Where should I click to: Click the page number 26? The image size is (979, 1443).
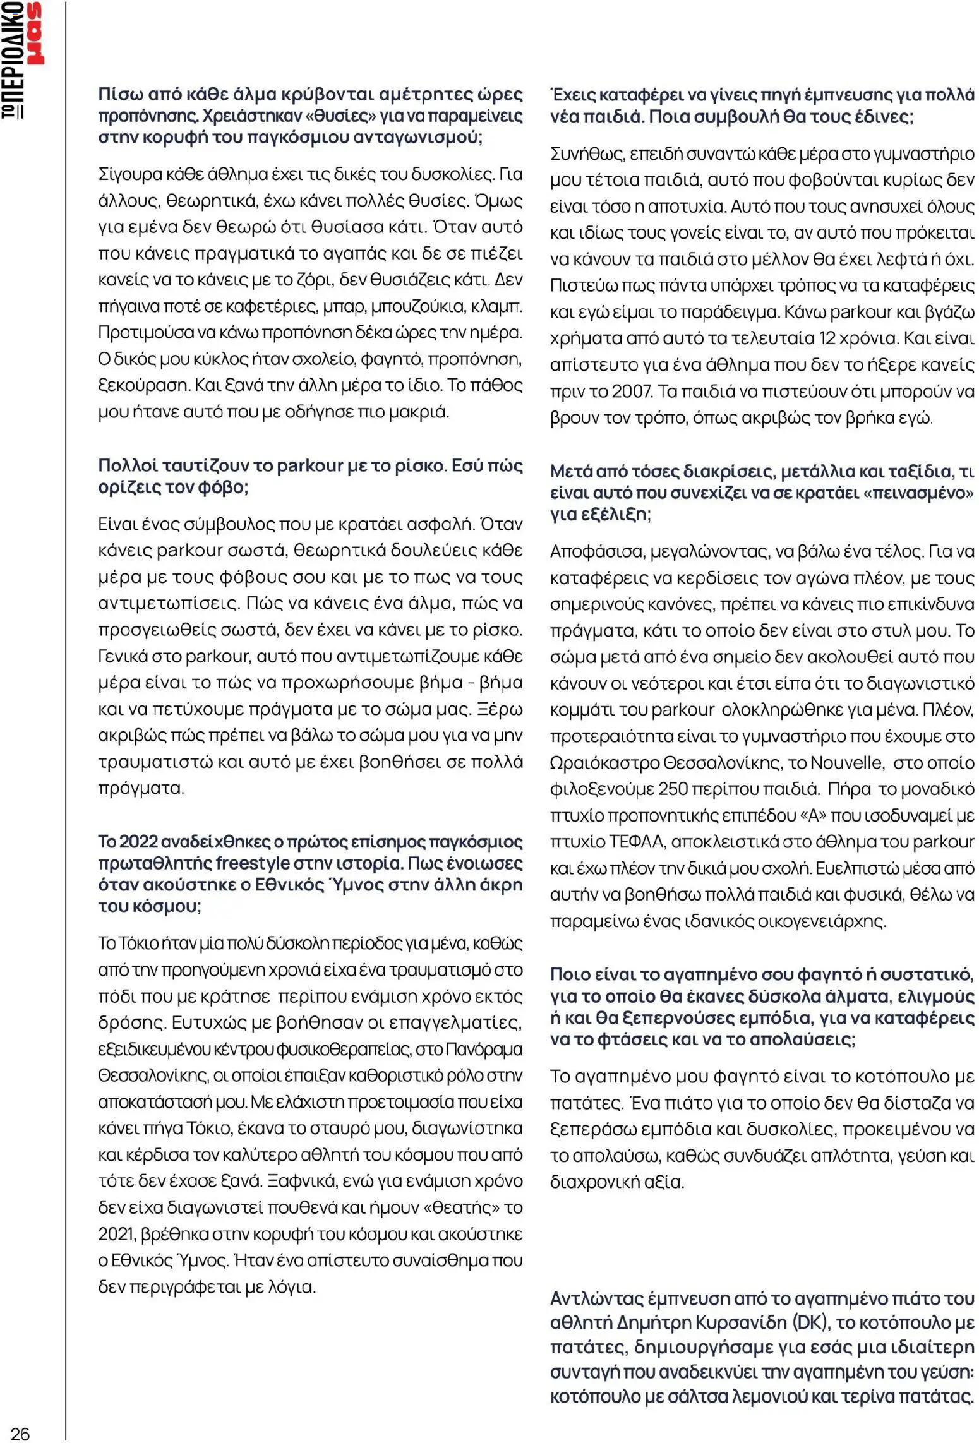(20, 1429)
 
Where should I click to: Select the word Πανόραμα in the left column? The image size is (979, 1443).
(484, 1050)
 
